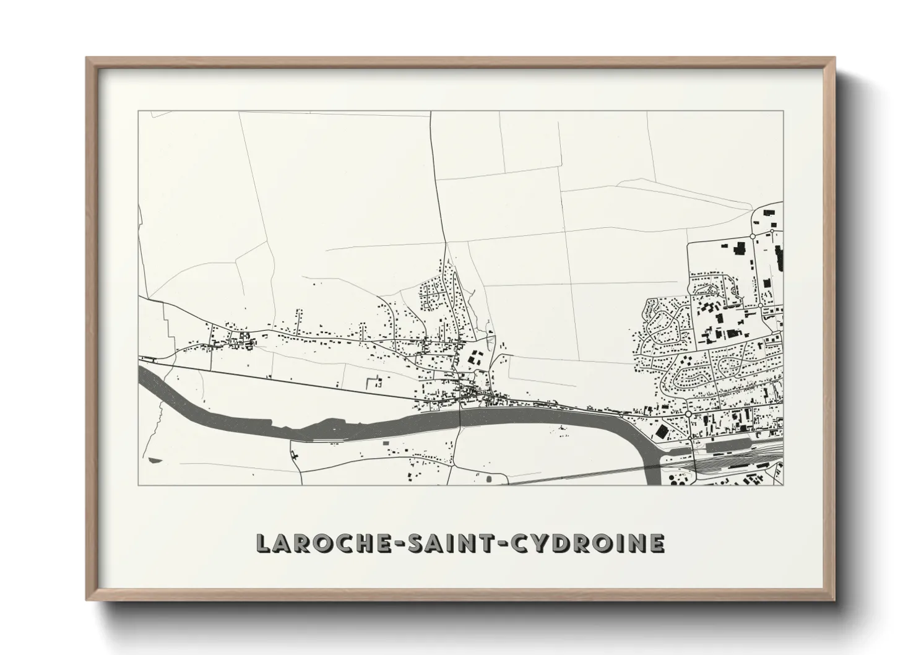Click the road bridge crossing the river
pyautogui.click(x=460, y=419)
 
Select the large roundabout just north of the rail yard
pyautogui.click(x=688, y=414)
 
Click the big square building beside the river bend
pyautogui.click(x=662, y=431)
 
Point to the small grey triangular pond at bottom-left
pyautogui.click(x=152, y=461)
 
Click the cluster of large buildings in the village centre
pyautogui.click(x=475, y=358)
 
